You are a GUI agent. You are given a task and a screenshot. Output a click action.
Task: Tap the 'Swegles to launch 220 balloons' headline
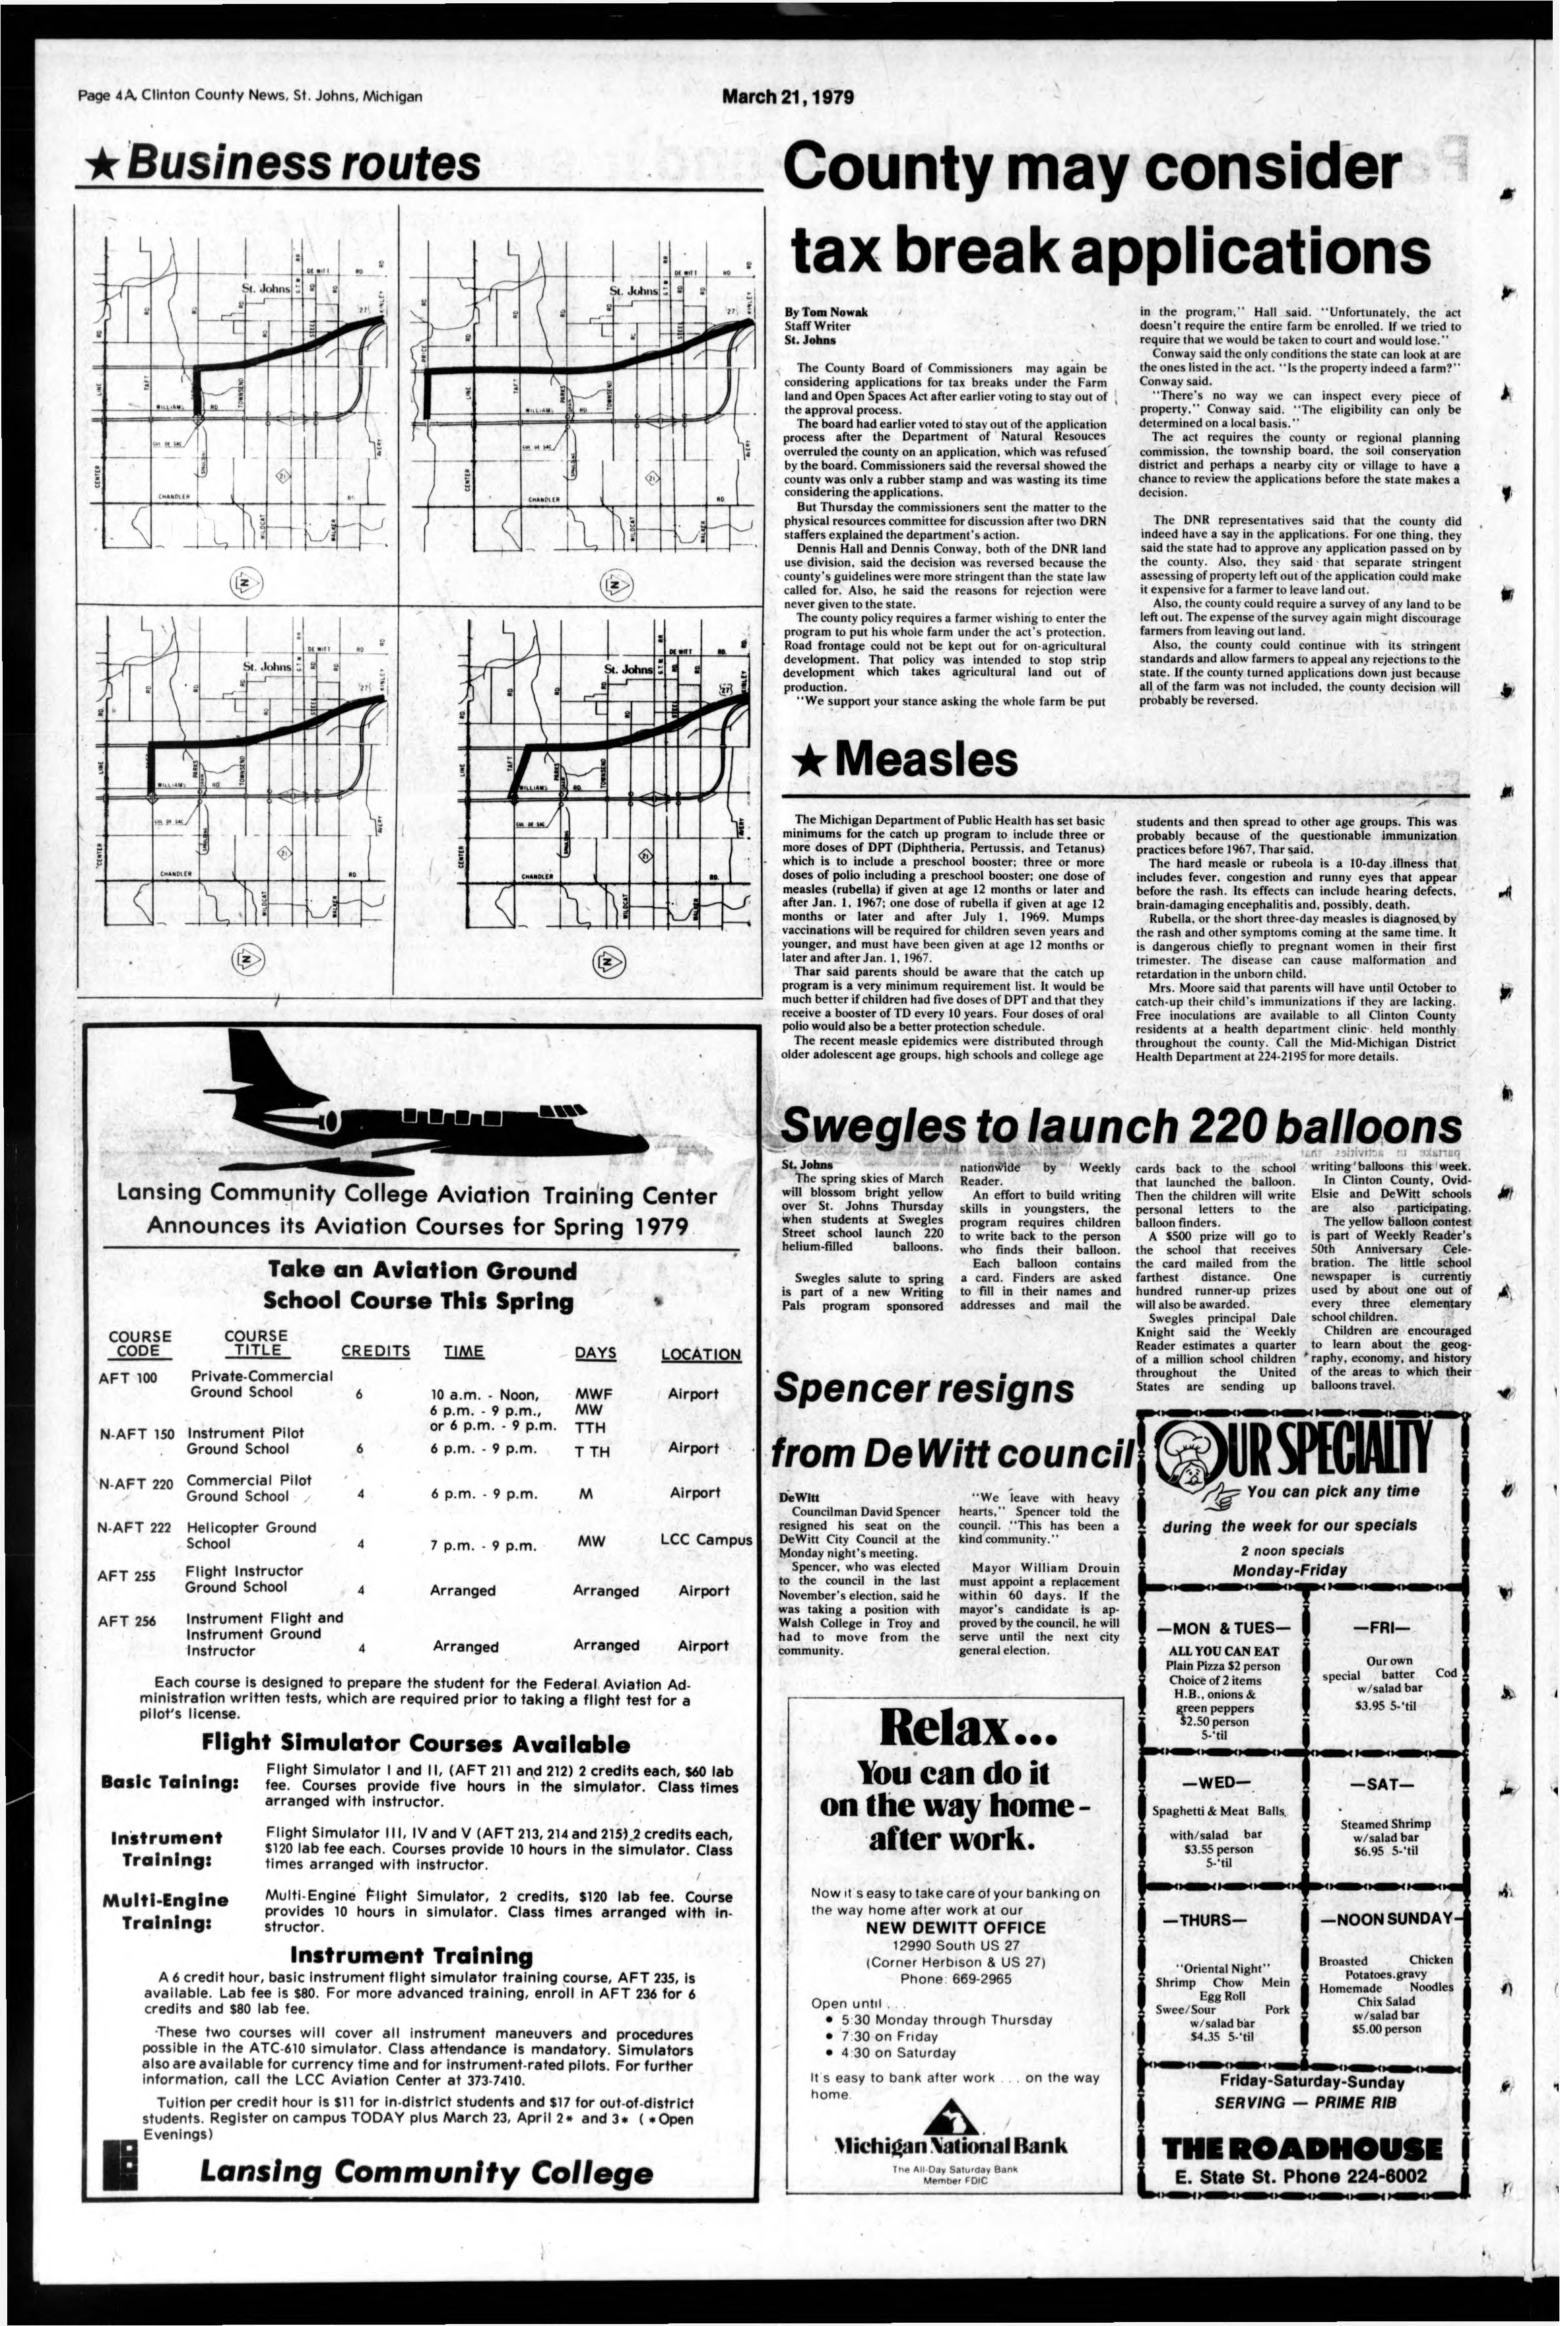pyautogui.click(x=1121, y=1127)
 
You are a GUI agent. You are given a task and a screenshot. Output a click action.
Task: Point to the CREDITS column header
pyautogui.click(x=375, y=1351)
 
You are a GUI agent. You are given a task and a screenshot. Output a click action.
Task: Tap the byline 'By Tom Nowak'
pyautogui.click(x=826, y=312)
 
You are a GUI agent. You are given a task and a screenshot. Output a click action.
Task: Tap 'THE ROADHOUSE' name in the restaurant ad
pyautogui.click(x=1301, y=2148)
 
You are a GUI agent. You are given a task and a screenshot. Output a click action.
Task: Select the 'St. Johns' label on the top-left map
pyautogui.click(x=266, y=288)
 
